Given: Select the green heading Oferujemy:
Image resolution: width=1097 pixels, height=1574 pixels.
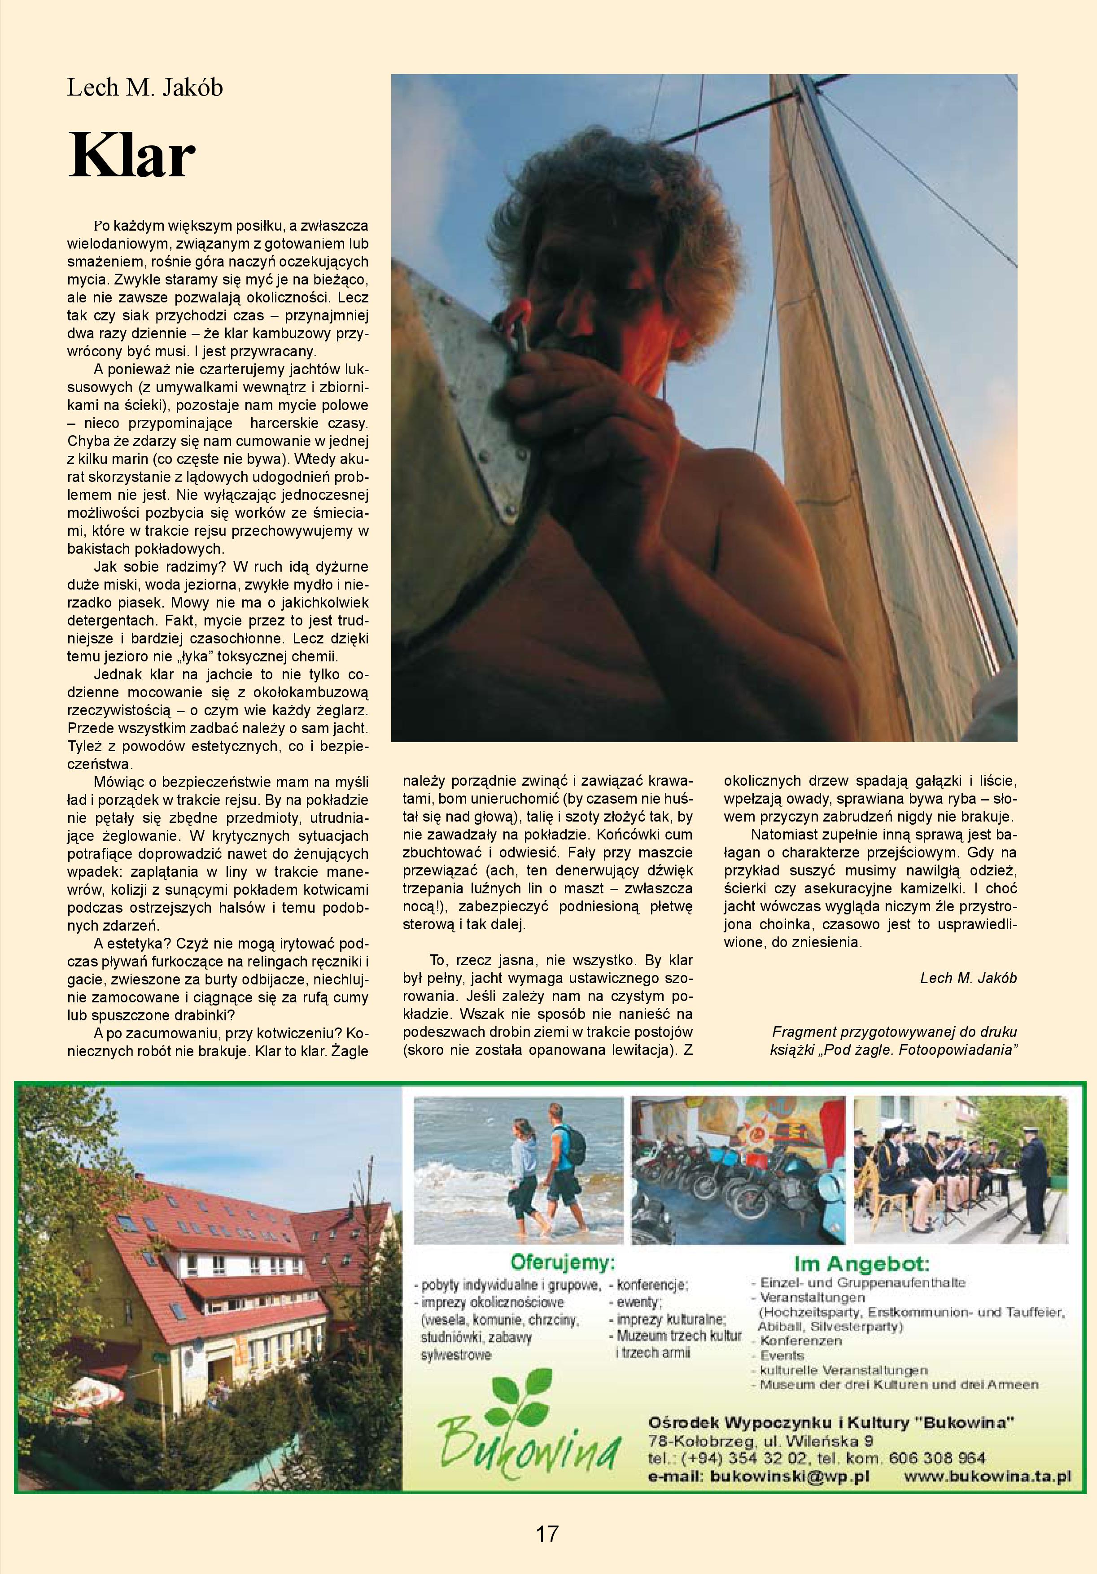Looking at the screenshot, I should click(562, 1263).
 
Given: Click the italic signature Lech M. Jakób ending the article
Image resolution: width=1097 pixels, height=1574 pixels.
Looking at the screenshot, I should click(968, 978).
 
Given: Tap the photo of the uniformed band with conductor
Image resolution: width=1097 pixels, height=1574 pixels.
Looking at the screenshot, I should click(960, 1170).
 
